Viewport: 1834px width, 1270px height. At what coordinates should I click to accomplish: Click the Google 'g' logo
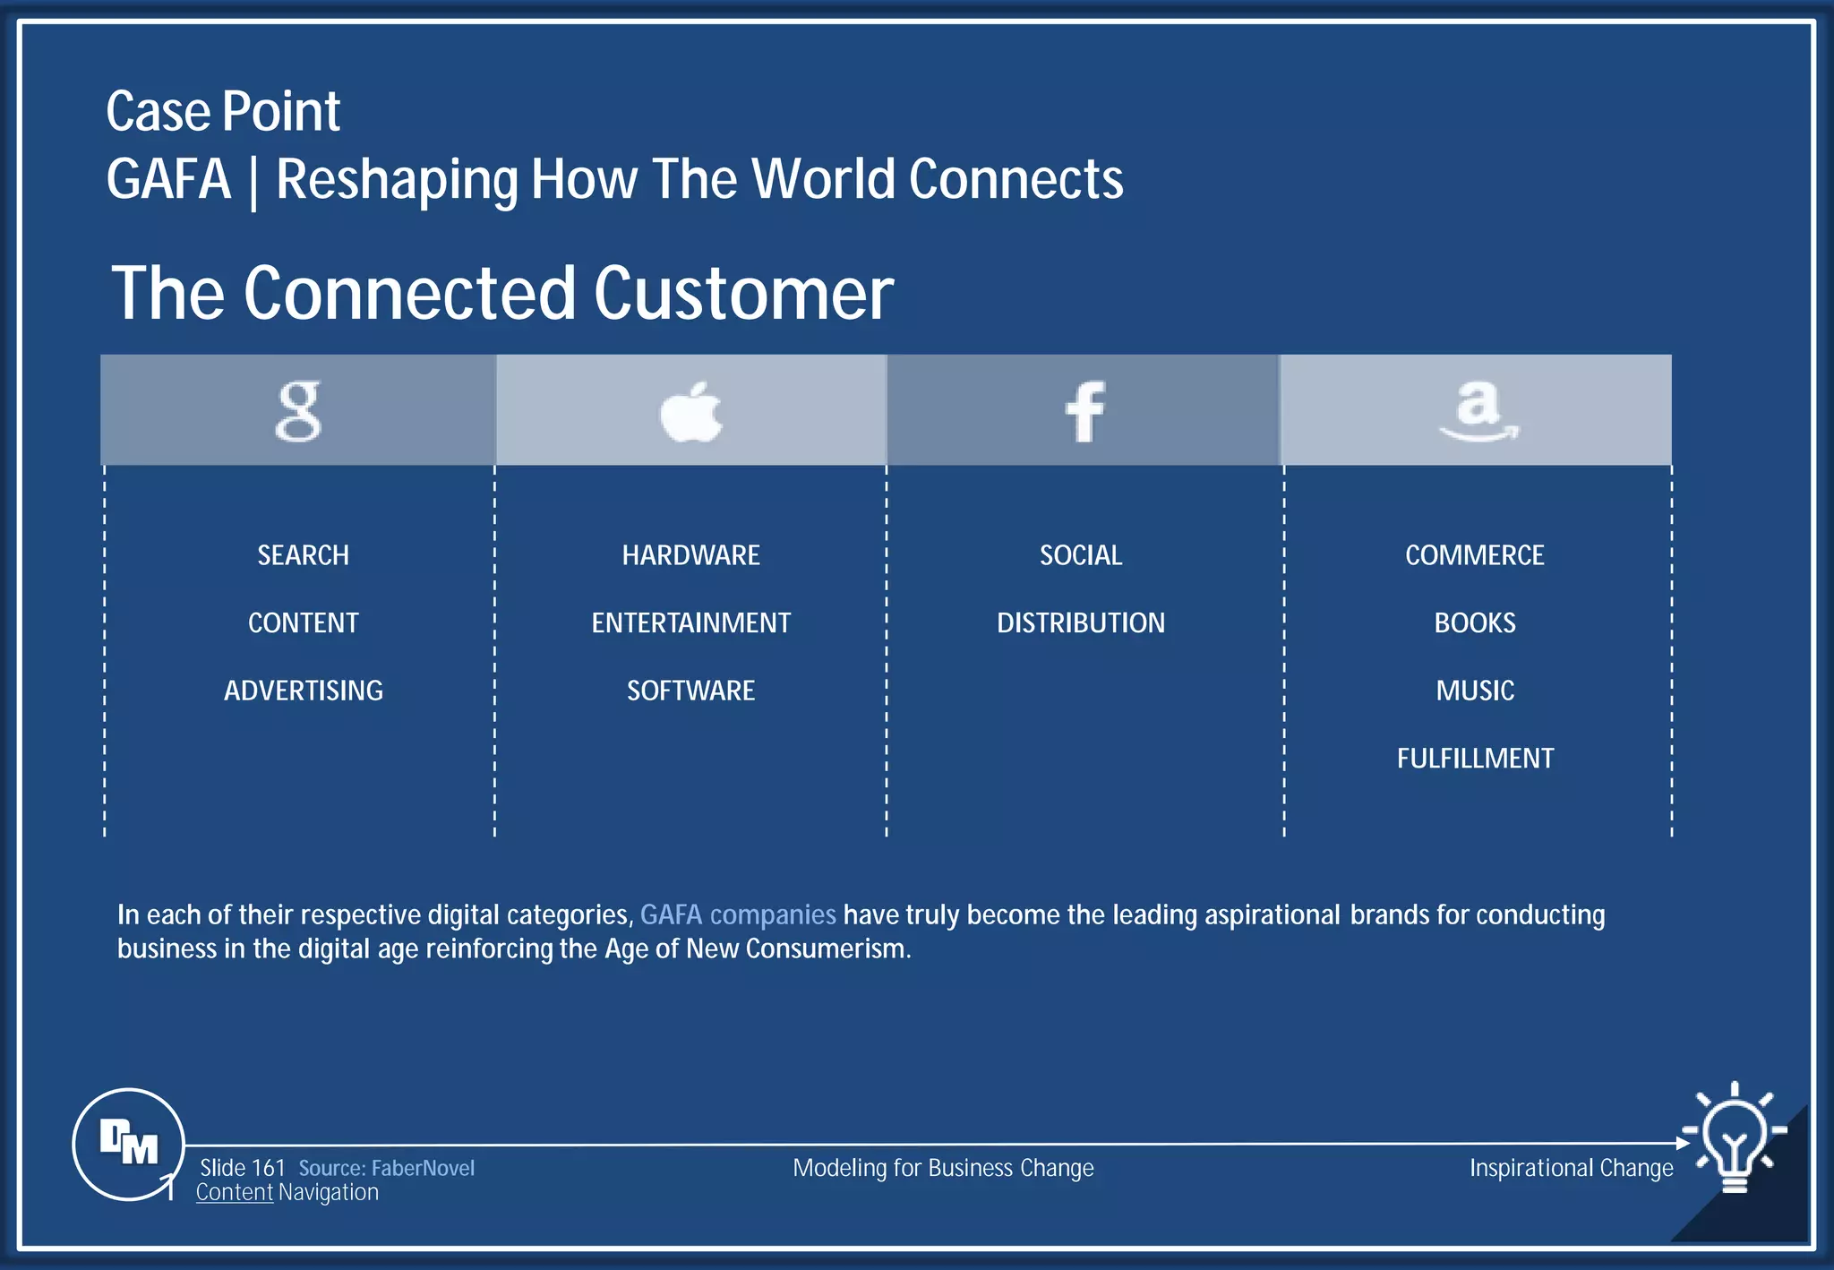click(x=298, y=411)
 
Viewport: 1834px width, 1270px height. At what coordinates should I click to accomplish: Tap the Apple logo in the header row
click(x=690, y=413)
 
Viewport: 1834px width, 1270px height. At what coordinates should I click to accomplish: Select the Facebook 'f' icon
click(x=1084, y=412)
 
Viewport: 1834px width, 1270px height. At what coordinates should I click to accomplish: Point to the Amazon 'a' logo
click(x=1478, y=410)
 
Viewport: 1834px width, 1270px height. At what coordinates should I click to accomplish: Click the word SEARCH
click(x=303, y=555)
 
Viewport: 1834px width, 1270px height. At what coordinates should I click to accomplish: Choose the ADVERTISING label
click(x=303, y=691)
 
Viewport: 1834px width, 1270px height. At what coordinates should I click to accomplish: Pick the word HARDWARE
click(x=690, y=555)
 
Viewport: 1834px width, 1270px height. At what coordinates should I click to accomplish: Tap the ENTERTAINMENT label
click(x=690, y=622)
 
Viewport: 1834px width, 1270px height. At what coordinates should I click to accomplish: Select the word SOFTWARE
click(x=690, y=691)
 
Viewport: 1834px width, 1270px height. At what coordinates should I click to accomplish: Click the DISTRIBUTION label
click(x=1081, y=622)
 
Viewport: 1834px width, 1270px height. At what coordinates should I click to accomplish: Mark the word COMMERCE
click(x=1474, y=555)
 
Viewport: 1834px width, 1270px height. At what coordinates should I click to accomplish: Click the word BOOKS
click(x=1474, y=622)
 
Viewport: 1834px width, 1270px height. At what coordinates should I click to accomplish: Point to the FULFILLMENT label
click(x=1474, y=759)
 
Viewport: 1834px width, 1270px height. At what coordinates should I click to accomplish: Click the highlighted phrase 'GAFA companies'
click(x=738, y=914)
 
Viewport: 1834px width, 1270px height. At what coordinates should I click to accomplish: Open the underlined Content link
click(x=235, y=1192)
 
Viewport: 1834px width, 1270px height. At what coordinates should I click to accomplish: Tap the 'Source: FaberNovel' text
click(x=386, y=1168)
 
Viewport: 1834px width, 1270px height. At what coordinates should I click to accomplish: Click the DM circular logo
click(x=129, y=1143)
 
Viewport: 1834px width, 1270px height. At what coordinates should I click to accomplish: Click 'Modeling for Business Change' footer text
click(x=943, y=1168)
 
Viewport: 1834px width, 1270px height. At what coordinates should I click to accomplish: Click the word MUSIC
click(x=1474, y=691)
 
